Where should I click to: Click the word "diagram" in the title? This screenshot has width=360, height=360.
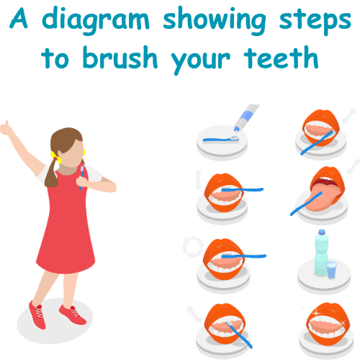(x=96, y=21)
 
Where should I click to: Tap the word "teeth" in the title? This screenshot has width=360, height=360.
(x=281, y=58)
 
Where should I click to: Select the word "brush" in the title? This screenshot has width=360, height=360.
(x=120, y=57)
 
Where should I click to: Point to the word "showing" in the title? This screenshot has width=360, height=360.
(x=215, y=21)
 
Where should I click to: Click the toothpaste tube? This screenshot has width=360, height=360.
(x=246, y=117)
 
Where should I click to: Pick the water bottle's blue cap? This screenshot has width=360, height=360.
(x=322, y=232)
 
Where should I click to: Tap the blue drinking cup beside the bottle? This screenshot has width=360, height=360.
(x=331, y=270)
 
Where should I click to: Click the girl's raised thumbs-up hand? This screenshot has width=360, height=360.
(x=6, y=128)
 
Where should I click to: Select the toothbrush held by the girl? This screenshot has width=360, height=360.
(x=81, y=178)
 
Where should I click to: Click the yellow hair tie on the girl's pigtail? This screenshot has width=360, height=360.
(x=55, y=157)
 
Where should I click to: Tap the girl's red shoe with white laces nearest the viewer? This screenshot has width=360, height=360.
(x=37, y=315)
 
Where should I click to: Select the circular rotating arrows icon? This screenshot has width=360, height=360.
(x=193, y=247)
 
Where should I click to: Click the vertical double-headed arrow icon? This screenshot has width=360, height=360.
(x=198, y=180)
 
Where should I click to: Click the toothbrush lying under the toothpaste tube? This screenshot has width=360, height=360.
(x=221, y=140)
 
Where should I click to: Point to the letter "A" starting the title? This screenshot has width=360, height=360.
(x=19, y=18)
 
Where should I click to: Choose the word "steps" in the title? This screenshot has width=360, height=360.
(x=315, y=22)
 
